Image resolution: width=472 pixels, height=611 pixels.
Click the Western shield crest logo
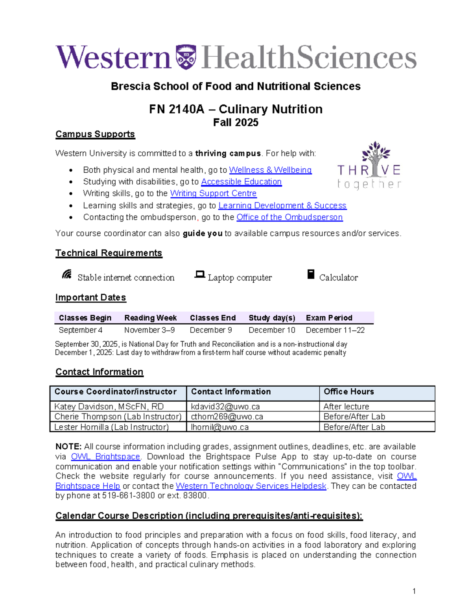tap(186, 57)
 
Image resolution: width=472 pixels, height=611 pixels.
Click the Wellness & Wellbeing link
tap(270, 170)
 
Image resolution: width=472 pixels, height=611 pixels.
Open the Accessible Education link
tap(241, 182)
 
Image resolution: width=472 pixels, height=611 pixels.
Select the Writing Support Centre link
tap(213, 194)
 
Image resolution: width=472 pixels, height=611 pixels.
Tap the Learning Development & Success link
tap(282, 205)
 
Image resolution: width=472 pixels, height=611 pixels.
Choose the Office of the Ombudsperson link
tap(289, 217)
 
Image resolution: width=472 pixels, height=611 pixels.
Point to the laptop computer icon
tap(200, 275)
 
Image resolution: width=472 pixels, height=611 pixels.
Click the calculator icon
tap(311, 274)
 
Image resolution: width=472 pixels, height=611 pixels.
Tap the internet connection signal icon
tap(67, 274)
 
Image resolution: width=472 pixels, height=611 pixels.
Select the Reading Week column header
tap(150, 318)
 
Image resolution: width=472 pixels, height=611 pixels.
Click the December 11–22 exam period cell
tap(335, 330)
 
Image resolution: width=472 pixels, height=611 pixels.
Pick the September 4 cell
tap(81, 330)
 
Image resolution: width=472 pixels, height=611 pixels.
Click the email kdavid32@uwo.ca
tap(225, 406)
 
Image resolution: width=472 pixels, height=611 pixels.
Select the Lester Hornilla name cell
tap(111, 427)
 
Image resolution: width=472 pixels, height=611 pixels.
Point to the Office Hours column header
tap(348, 392)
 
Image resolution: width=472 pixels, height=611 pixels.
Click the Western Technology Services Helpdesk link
tap(251, 486)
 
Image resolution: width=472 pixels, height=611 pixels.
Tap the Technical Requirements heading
tap(109, 253)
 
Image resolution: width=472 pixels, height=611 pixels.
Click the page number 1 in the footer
tap(414, 591)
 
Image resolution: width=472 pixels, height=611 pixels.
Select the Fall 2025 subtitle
tap(236, 123)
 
